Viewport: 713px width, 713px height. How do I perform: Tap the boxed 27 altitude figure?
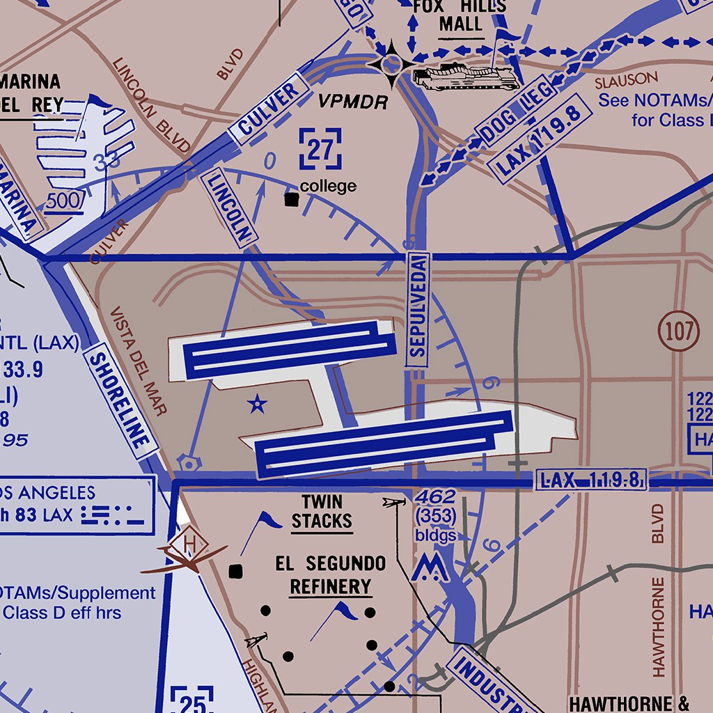[x=320, y=149]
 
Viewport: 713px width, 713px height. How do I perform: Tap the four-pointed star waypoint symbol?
[x=391, y=64]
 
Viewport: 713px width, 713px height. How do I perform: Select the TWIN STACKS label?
[x=322, y=512]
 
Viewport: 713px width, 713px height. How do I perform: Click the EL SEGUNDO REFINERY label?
[x=330, y=575]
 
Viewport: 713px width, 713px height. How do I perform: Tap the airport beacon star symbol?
[x=258, y=403]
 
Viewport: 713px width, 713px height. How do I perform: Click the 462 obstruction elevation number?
[x=435, y=497]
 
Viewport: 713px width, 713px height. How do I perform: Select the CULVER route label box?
[x=269, y=109]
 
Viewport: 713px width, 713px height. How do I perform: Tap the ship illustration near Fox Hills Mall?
[x=465, y=76]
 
